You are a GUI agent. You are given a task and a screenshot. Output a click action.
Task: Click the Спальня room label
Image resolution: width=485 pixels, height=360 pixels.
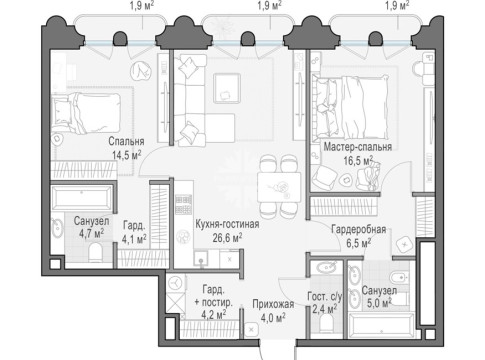click(x=126, y=141)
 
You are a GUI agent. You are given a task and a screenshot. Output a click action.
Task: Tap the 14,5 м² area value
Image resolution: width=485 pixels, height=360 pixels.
click(x=126, y=155)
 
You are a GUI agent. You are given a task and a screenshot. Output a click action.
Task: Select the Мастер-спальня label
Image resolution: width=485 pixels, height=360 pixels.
click(x=358, y=147)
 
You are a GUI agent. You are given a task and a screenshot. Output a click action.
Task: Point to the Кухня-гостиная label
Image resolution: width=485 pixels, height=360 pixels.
click(x=227, y=224)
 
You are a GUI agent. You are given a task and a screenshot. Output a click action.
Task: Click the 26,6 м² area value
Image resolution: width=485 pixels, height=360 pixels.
click(x=227, y=238)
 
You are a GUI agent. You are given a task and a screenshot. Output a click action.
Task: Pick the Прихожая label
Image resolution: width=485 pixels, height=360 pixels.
click(x=273, y=304)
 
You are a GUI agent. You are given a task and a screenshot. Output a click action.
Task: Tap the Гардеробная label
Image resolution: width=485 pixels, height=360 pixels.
click(x=359, y=229)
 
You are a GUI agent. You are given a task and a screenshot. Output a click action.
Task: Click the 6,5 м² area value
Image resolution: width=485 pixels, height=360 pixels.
click(x=358, y=243)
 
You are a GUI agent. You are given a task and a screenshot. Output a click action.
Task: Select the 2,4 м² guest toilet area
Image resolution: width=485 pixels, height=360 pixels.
click(x=324, y=309)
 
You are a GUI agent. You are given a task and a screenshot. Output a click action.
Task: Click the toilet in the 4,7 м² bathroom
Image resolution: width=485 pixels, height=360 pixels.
click(x=96, y=252)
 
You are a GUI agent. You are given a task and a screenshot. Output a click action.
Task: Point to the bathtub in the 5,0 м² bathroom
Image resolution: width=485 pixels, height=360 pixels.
click(x=381, y=325)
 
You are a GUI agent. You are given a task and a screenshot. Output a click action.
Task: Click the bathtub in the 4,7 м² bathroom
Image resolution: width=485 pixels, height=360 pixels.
click(x=82, y=198)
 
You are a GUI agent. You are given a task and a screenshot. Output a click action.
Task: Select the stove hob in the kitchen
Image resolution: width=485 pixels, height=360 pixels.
click(x=184, y=204)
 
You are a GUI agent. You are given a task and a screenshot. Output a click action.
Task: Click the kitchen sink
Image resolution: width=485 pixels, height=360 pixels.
click(x=201, y=259)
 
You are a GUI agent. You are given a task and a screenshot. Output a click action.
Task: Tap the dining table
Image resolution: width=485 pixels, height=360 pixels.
click(x=279, y=187)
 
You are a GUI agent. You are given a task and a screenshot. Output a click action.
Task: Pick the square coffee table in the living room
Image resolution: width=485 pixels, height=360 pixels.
click(x=227, y=88)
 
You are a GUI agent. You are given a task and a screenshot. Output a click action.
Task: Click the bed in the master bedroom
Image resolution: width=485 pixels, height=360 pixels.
click(x=350, y=107)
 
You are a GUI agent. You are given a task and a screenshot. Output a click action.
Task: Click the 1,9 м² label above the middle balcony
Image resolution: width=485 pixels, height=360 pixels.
click(x=270, y=5)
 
